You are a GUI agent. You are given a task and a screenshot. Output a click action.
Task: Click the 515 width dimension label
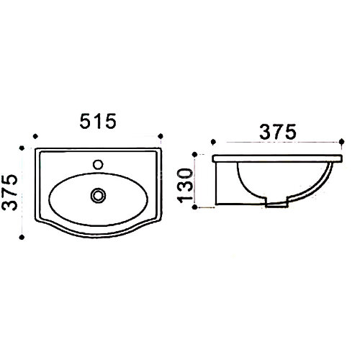click(98, 121)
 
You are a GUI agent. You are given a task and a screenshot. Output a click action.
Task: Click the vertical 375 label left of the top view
click(9, 192)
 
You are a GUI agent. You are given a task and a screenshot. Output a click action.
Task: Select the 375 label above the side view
click(278, 132)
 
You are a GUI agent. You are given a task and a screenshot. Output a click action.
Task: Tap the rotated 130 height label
click(185, 186)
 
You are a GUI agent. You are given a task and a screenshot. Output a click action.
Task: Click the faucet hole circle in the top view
click(98, 164)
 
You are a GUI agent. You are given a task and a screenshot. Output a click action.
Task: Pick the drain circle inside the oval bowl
click(98, 195)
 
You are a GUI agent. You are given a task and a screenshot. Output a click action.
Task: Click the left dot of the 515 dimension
click(35, 136)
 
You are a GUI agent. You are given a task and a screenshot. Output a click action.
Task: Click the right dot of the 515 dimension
click(161, 136)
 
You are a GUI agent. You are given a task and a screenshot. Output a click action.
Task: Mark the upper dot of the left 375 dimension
click(22, 148)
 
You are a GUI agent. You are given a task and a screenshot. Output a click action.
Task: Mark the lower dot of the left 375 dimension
click(22, 238)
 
